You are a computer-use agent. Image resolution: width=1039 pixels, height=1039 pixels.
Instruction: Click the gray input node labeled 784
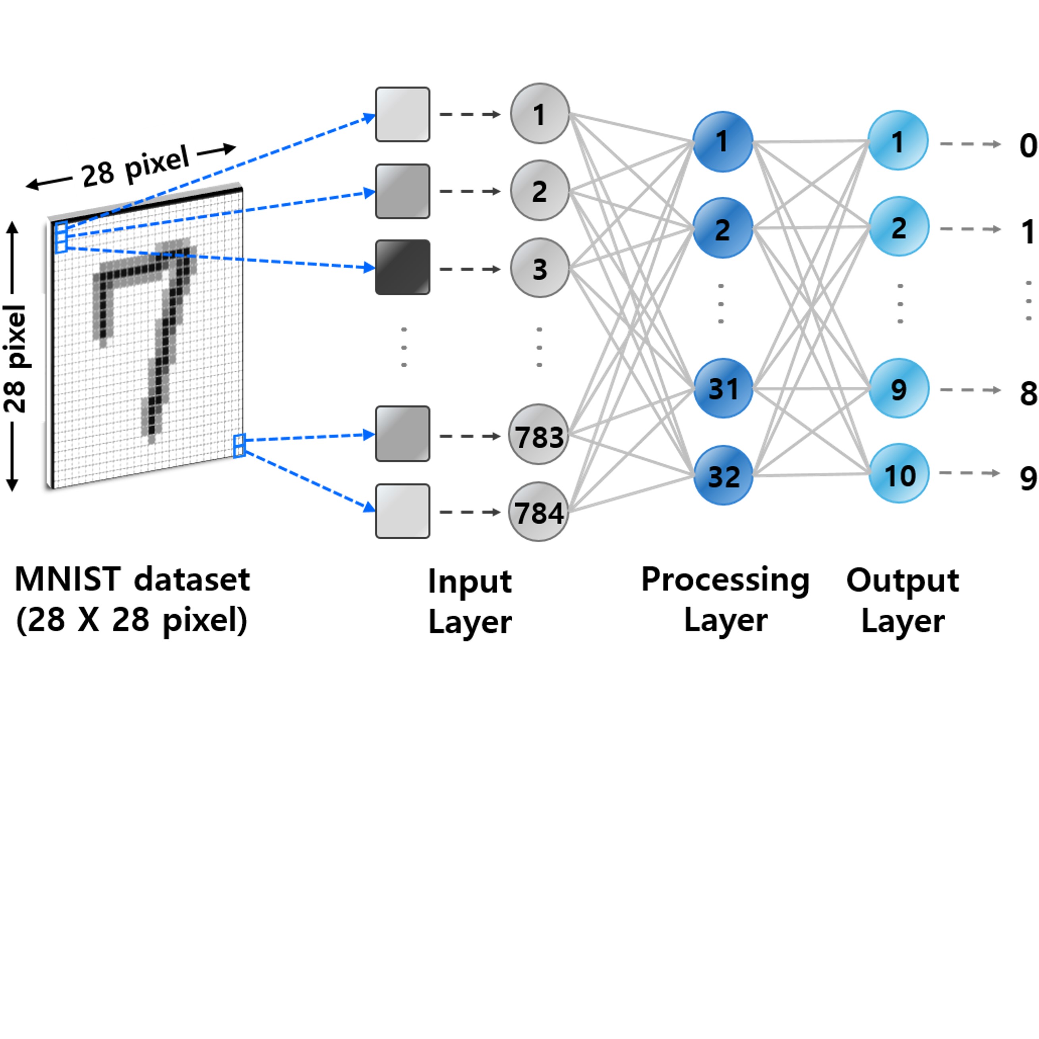click(538, 511)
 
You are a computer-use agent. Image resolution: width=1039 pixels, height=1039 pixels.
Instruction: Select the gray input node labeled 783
click(538, 435)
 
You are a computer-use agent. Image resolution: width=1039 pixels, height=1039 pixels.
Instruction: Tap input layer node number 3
click(540, 268)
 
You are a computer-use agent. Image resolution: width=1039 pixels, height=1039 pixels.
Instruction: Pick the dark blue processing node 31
click(723, 388)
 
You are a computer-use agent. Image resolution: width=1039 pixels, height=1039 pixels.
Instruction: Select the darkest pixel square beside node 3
click(402, 267)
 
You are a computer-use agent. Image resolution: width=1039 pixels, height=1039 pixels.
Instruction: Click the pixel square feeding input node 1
click(402, 114)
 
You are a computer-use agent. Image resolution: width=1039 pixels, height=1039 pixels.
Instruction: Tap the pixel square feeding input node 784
click(402, 511)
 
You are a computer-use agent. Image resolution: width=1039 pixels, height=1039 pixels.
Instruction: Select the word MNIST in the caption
click(67, 580)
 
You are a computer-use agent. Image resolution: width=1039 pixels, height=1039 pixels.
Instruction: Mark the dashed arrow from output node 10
click(969, 473)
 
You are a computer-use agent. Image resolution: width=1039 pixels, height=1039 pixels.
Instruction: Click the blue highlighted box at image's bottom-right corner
click(239, 446)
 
